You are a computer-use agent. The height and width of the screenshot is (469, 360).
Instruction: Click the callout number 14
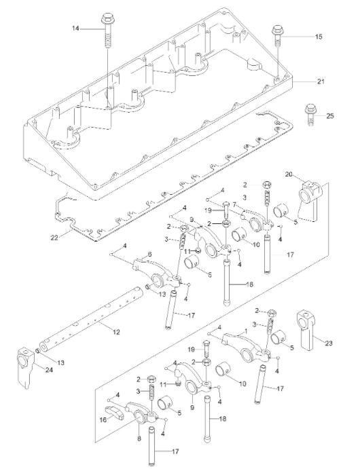[75, 28]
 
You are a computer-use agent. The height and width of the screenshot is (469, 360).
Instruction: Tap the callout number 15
[319, 37]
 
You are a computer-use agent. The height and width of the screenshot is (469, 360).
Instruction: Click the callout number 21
[320, 82]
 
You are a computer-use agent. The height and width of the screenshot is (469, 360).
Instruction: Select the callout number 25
[330, 116]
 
